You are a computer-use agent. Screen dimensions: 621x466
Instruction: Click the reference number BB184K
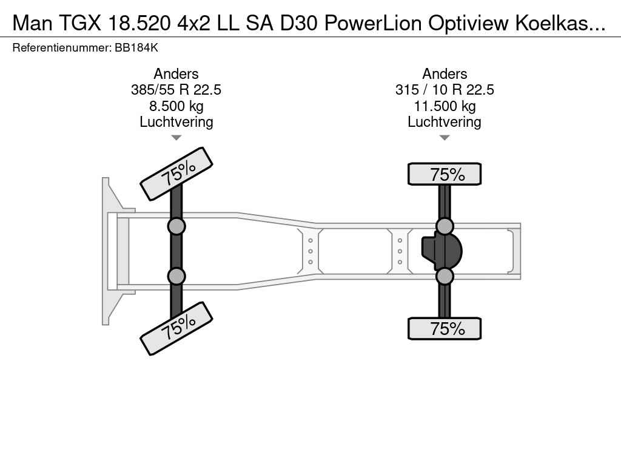136,48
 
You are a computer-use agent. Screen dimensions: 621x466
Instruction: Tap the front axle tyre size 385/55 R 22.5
176,90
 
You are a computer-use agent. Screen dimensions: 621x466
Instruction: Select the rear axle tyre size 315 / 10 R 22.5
445,90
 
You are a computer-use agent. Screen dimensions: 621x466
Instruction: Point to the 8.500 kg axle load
176,106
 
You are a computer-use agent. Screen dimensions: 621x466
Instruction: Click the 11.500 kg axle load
445,106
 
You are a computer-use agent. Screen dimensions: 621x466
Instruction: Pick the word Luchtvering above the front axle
176,122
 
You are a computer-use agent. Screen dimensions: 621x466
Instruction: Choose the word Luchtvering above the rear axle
445,122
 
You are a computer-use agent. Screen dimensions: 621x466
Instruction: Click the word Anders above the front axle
176,73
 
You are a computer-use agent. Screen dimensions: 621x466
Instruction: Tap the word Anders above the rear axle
445,73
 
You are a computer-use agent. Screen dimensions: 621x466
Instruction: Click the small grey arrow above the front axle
176,138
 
